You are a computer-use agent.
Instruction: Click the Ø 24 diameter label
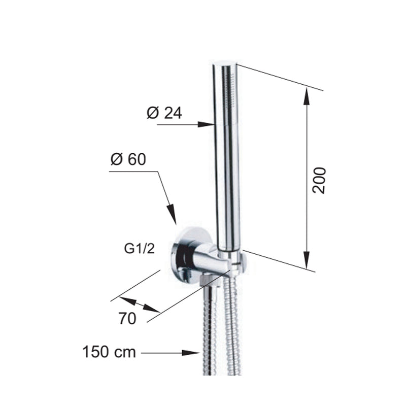coord(164,113)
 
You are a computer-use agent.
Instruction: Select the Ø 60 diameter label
coord(128,159)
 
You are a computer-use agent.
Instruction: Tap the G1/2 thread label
coord(139,249)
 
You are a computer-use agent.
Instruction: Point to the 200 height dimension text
coord(319,180)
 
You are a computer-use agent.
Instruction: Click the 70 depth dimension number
coord(127,319)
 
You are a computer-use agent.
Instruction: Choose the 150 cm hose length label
coord(109,352)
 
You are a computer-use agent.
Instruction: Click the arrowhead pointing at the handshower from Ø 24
coord(207,124)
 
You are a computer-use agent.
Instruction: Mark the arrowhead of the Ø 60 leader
coord(172,214)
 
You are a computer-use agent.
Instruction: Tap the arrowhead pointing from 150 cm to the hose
coord(191,353)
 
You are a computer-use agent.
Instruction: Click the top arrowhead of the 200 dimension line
coord(307,96)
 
